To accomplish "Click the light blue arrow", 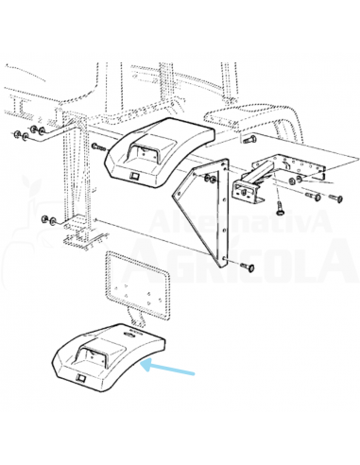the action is pos(167,368).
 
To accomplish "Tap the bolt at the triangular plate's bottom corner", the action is pos(249,267).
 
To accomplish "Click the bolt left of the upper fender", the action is pos(98,146).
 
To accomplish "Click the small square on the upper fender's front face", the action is pos(134,177).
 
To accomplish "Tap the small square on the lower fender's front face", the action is pos(81,378).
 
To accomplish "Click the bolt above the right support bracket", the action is pos(249,139).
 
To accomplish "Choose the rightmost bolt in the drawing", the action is pos(335,198).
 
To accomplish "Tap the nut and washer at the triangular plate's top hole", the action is pos(210,179).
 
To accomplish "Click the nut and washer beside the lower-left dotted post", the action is pos(48,219).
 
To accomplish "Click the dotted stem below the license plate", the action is pos(135,317).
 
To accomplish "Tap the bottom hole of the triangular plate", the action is pos(223,259).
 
